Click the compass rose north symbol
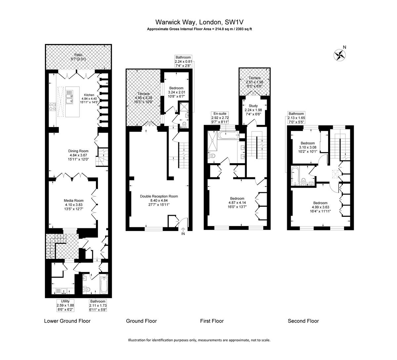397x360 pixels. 340,55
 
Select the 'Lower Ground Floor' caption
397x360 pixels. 67,321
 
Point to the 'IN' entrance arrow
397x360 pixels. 183,230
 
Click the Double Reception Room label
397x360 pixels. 159,200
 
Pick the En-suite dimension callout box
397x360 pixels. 220,117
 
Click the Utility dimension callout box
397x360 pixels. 65,305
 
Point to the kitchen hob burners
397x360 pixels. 53,107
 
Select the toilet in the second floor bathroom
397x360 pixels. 303,181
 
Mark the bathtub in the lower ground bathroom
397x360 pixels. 104,285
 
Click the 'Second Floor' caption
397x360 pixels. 303,321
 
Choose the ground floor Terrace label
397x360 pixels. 143,98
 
